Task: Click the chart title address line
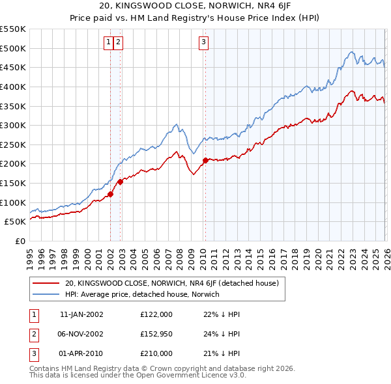click(x=195, y=7)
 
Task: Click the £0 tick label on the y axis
click(x=20, y=241)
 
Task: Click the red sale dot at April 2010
click(x=205, y=160)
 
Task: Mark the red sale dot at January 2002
click(x=111, y=193)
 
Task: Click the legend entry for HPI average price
click(x=142, y=294)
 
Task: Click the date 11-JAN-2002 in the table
click(x=81, y=314)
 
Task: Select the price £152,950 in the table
click(x=156, y=334)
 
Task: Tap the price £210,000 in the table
click(x=156, y=353)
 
